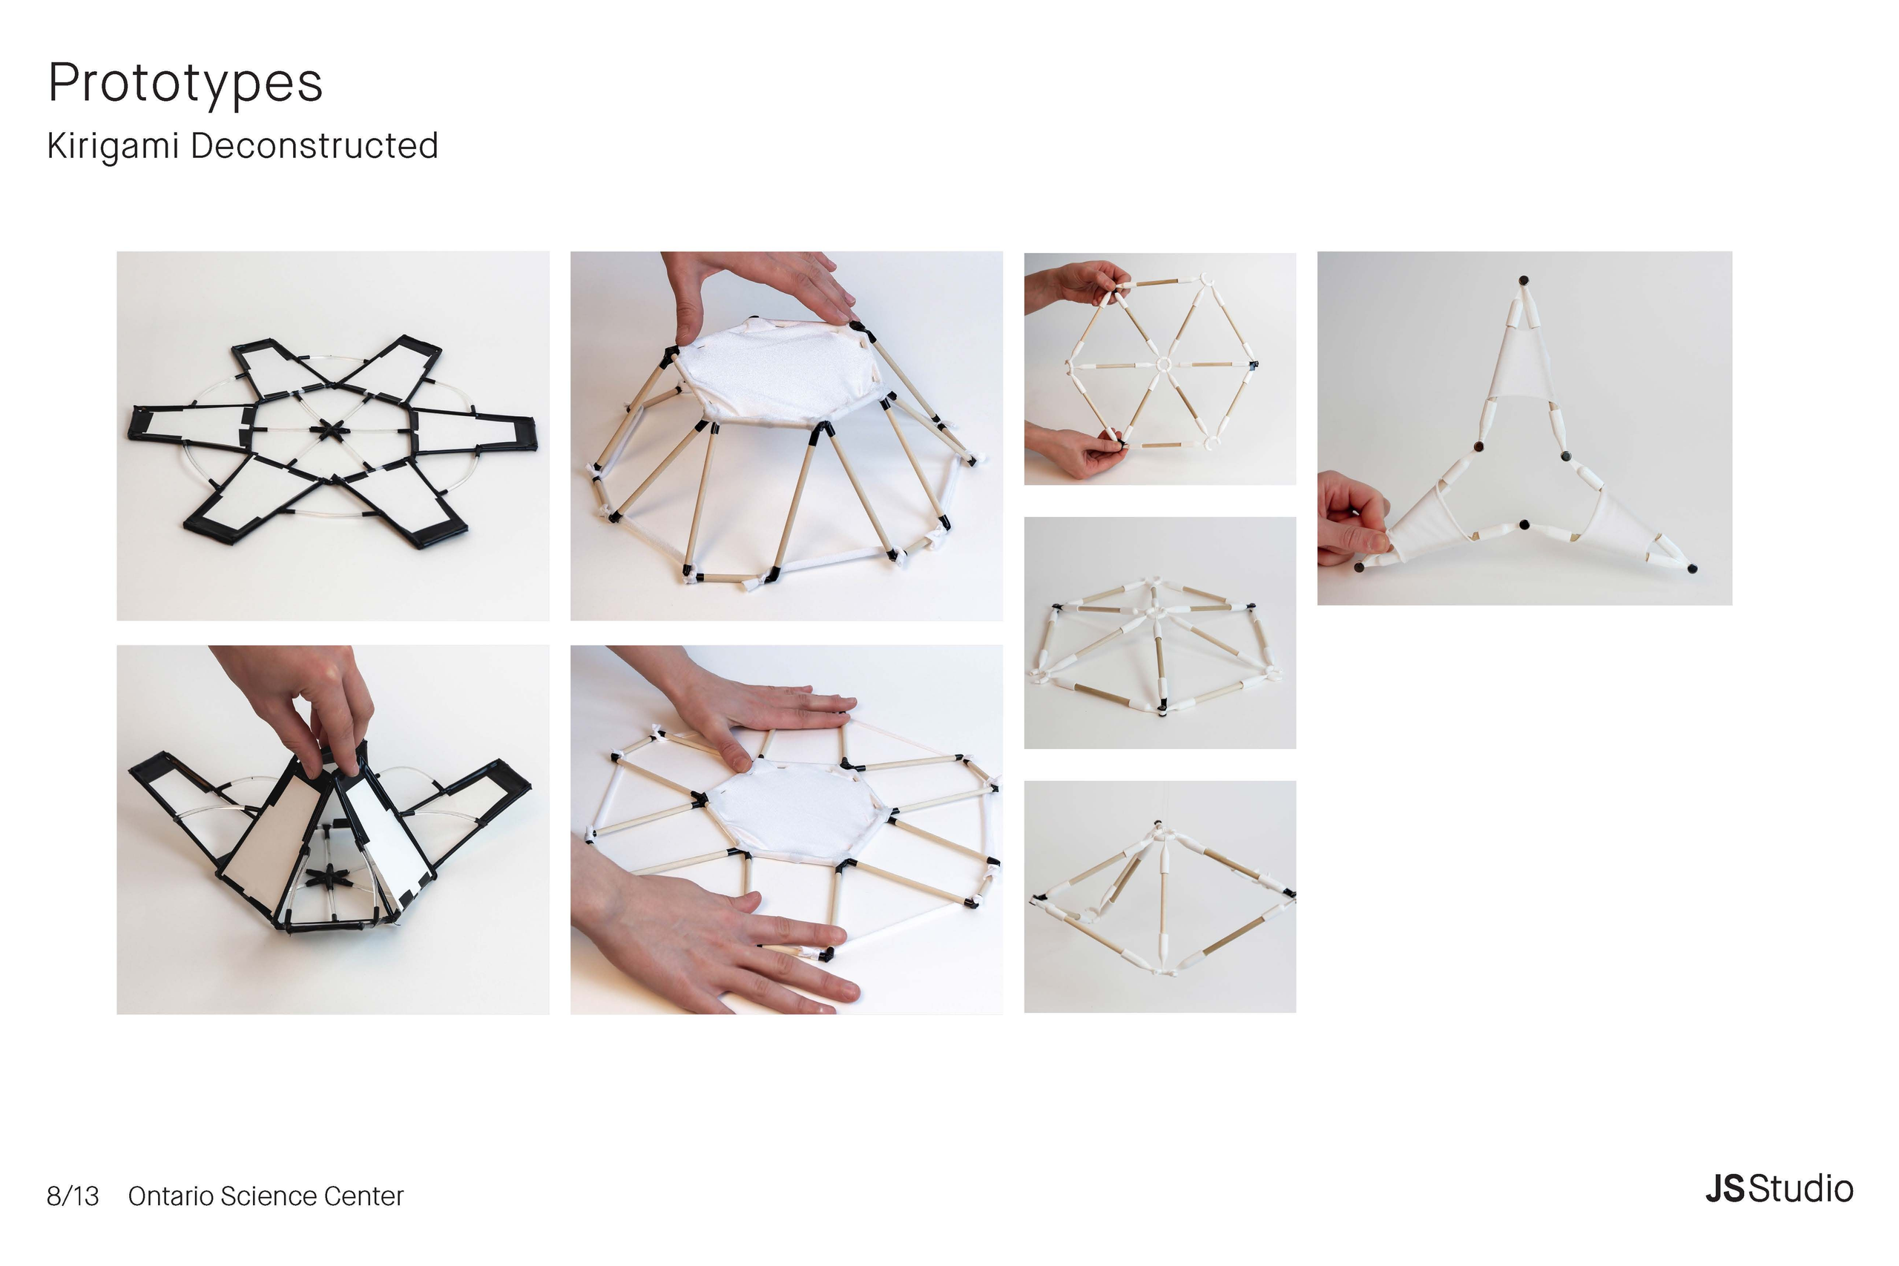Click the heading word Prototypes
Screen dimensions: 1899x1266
[185, 83]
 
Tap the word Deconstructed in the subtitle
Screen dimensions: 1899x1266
[315, 146]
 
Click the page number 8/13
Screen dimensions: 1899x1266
[73, 1196]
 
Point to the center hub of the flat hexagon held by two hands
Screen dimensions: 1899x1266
[1162, 365]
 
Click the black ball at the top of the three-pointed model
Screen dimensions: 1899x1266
[1524, 281]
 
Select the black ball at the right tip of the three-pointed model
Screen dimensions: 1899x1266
[1692, 568]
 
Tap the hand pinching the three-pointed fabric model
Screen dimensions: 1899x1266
[1352, 518]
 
